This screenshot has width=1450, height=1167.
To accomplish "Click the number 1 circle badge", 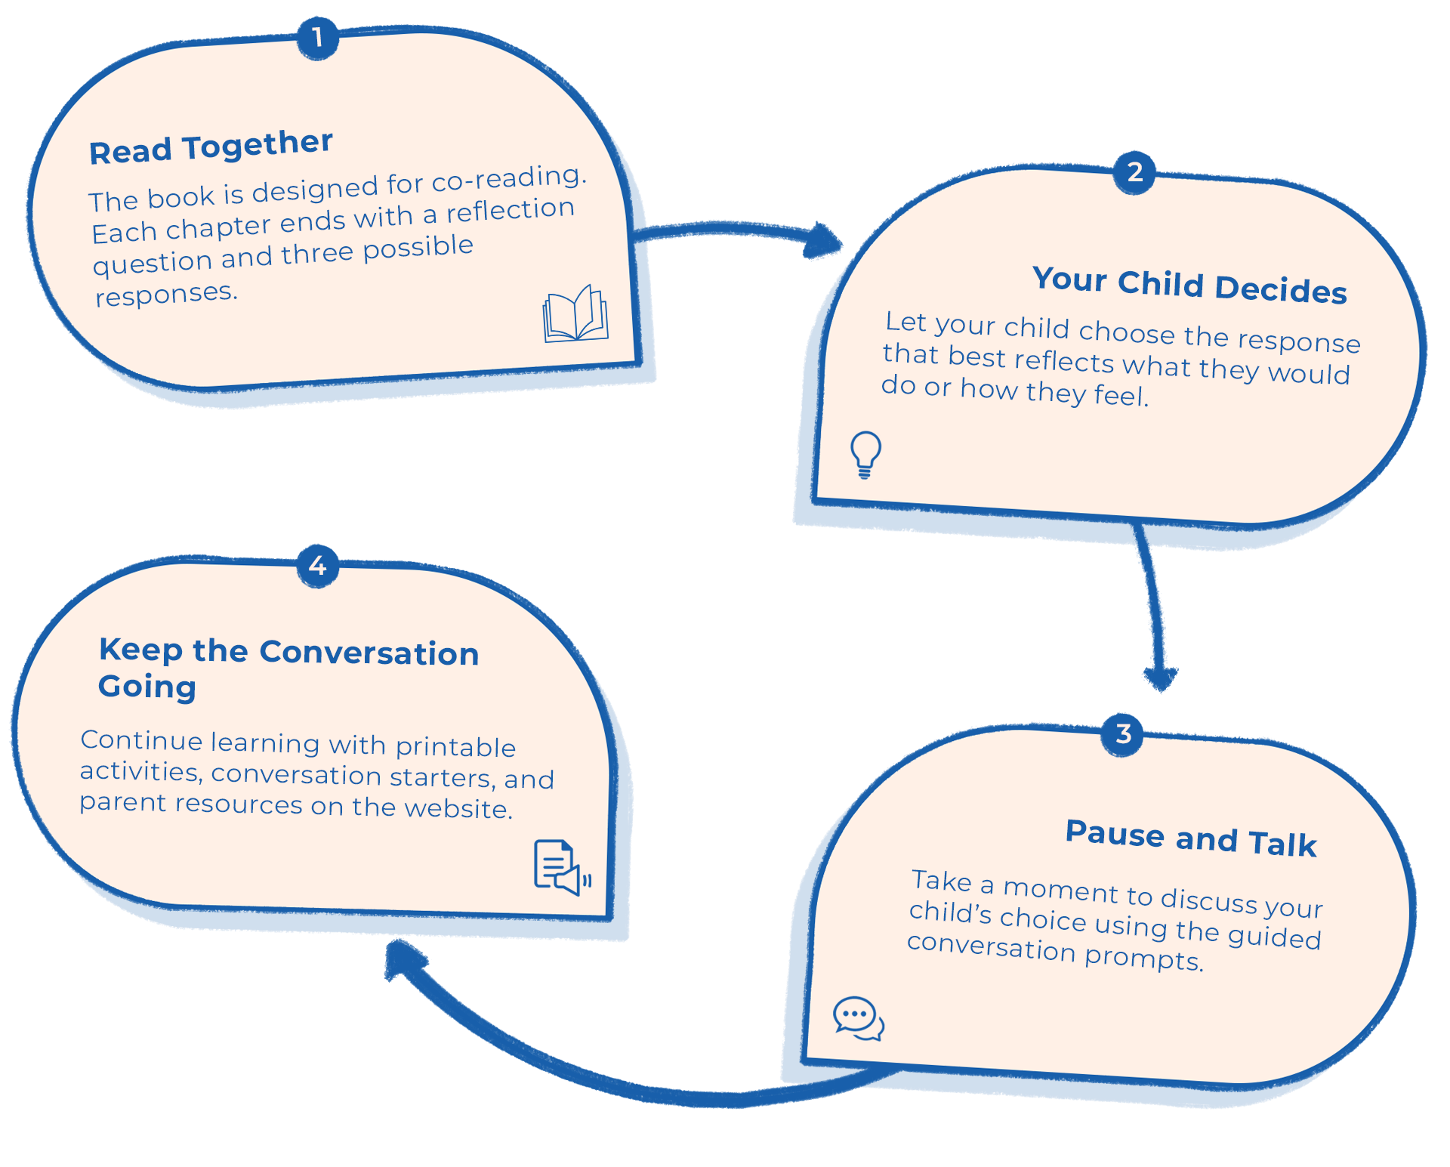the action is pyautogui.click(x=317, y=38).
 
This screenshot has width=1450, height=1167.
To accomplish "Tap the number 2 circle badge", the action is pyautogui.click(x=1134, y=172).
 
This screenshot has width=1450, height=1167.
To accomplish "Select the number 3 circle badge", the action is pyautogui.click(x=1123, y=734).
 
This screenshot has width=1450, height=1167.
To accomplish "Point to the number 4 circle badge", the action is pyautogui.click(x=317, y=566).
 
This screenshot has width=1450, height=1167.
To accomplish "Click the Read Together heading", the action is pyautogui.click(x=211, y=147).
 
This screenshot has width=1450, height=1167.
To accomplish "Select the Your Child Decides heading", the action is pyautogui.click(x=1189, y=285).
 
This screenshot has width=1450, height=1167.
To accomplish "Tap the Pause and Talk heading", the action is pyautogui.click(x=1191, y=838).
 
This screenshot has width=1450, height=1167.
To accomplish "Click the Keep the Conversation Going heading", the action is pyautogui.click(x=288, y=668).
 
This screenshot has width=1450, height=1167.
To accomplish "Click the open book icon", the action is pyautogui.click(x=575, y=314).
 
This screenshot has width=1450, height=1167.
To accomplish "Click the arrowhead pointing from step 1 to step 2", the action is pyautogui.click(x=822, y=240).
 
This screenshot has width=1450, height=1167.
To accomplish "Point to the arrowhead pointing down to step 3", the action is pyautogui.click(x=1161, y=678).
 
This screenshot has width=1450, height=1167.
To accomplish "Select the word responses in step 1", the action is pyautogui.click(x=166, y=294).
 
